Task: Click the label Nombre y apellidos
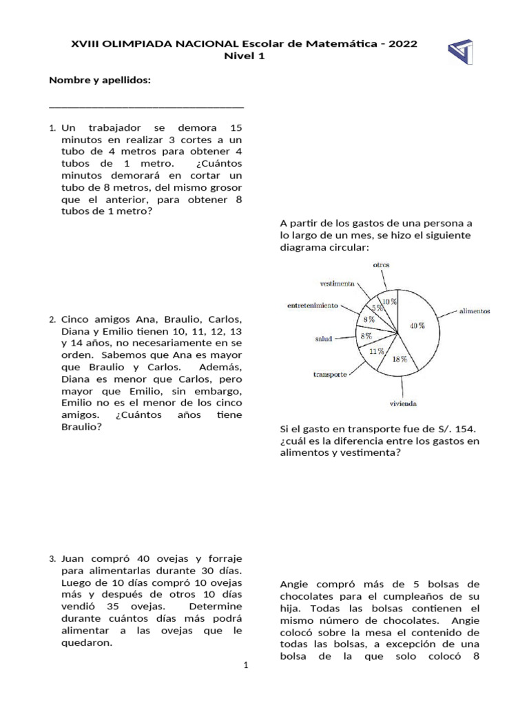pos(99,81)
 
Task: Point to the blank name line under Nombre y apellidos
pos(147,107)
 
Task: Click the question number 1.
pos(52,129)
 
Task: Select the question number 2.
pos(52,320)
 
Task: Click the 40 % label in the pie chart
pos(417,325)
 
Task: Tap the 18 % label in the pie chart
pos(400,359)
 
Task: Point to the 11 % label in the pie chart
pos(375,350)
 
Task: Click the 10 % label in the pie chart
pos(390,301)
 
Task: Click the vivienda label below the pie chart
pos(403,403)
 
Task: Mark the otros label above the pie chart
pos(382,264)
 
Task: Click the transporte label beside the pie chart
pos(330,375)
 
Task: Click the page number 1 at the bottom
pos(245,665)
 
